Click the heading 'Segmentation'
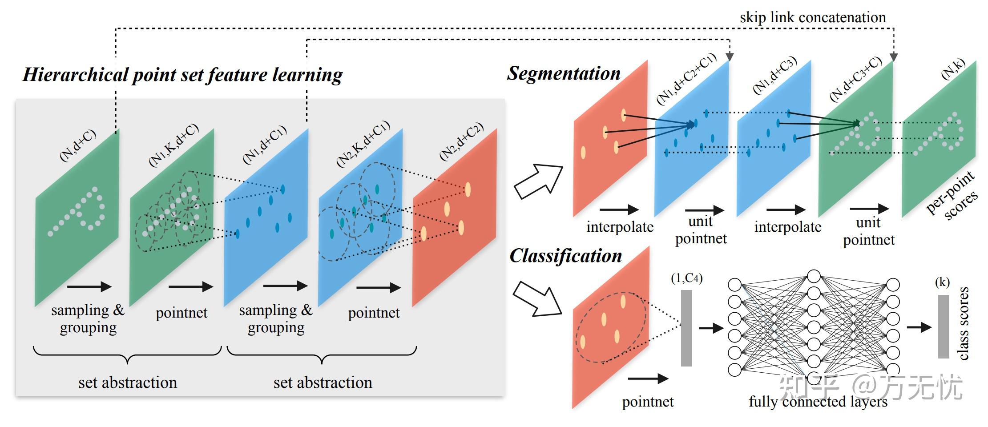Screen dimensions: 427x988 (564, 73)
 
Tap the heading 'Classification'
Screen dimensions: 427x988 (565, 256)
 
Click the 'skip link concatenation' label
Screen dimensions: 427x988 (813, 17)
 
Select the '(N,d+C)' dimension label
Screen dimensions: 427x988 (78, 145)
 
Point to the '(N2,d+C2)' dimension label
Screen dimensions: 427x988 (461, 141)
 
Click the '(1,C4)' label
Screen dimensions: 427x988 (686, 278)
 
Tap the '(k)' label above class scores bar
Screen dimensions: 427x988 (942, 282)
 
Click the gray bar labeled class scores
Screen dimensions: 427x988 (944, 326)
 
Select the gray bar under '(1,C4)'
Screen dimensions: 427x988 (686, 328)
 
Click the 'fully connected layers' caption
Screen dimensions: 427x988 (818, 402)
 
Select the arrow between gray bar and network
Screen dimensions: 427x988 (711, 328)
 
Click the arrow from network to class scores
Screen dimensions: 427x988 (919, 328)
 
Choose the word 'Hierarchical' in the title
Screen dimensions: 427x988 (76, 75)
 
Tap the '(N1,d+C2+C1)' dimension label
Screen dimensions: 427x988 (686, 79)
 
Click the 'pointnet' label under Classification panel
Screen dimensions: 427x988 (648, 402)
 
